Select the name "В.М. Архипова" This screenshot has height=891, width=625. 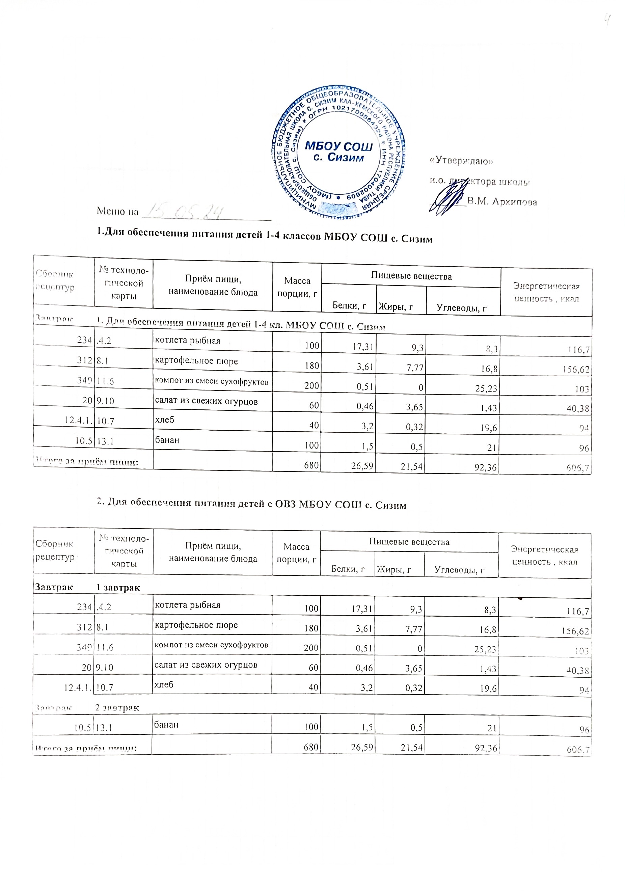(x=502, y=202)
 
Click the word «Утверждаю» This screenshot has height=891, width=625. (x=461, y=160)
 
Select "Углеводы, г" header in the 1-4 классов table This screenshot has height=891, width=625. (x=461, y=308)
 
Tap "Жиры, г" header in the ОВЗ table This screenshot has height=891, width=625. (x=393, y=570)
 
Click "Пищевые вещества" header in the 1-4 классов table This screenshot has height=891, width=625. (x=411, y=276)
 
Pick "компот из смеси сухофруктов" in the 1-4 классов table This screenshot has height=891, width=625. (x=212, y=381)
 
